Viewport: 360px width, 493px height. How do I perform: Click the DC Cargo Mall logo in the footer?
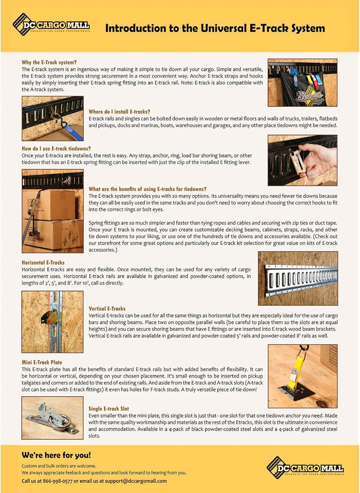pyautogui.click(x=305, y=467)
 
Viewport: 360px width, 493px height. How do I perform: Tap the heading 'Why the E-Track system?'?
pyautogui.click(x=49, y=62)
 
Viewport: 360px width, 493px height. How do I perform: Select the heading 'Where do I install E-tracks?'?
pyautogui.click(x=119, y=112)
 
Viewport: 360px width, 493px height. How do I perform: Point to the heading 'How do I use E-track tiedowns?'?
pyautogui.click(x=56, y=149)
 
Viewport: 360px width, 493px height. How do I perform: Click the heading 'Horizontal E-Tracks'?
pyautogui.click(x=43, y=263)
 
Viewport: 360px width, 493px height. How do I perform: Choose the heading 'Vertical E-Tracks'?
pyautogui.click(x=107, y=309)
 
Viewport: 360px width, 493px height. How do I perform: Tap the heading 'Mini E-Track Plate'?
pyautogui.click(x=42, y=362)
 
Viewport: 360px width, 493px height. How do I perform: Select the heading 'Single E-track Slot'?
pyautogui.click(x=109, y=409)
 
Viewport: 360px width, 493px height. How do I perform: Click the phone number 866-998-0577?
pyautogui.click(x=57, y=481)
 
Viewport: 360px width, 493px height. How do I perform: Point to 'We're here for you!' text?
pyautogui.click(x=56, y=455)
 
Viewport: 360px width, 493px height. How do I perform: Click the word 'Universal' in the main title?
pyautogui.click(x=223, y=28)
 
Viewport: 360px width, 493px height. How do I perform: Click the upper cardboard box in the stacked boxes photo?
pyautogui.click(x=53, y=204)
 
